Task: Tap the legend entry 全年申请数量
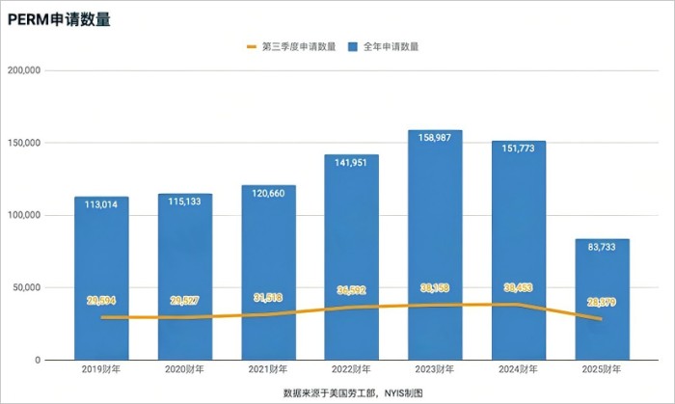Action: tap(391, 46)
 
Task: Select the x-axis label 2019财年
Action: tap(101, 369)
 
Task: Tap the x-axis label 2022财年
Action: tap(351, 369)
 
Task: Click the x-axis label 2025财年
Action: tap(602, 369)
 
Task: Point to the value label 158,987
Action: tap(435, 140)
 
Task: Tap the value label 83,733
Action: tap(602, 249)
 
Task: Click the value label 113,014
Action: tap(101, 205)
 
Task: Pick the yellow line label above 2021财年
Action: tap(268, 297)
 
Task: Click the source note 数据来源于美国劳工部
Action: tap(323, 393)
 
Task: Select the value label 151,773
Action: tap(518, 150)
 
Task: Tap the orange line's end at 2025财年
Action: tap(602, 318)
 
